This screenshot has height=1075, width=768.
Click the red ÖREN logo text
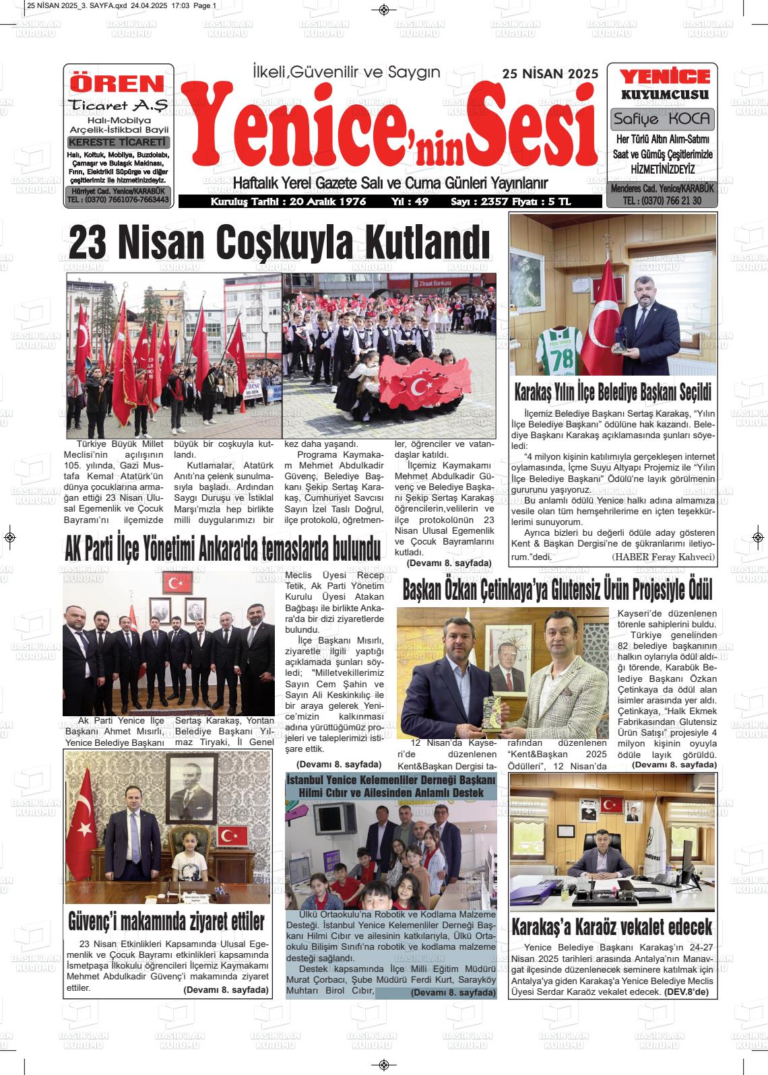(117, 83)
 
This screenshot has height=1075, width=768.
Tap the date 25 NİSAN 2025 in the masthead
(550, 74)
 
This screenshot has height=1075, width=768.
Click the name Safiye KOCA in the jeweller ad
(662, 119)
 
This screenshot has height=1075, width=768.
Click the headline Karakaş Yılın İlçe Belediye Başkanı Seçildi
(612, 391)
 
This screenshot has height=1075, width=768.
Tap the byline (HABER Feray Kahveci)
(663, 557)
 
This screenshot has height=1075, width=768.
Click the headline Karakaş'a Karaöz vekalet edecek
(612, 927)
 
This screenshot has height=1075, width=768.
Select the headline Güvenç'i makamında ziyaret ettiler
(166, 921)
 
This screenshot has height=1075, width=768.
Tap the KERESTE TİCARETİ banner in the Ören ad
(118, 142)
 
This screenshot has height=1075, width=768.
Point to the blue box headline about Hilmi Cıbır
(391, 786)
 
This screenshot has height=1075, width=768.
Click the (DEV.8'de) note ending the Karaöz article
(686, 992)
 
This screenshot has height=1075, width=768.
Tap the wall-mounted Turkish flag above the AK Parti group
(177, 584)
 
